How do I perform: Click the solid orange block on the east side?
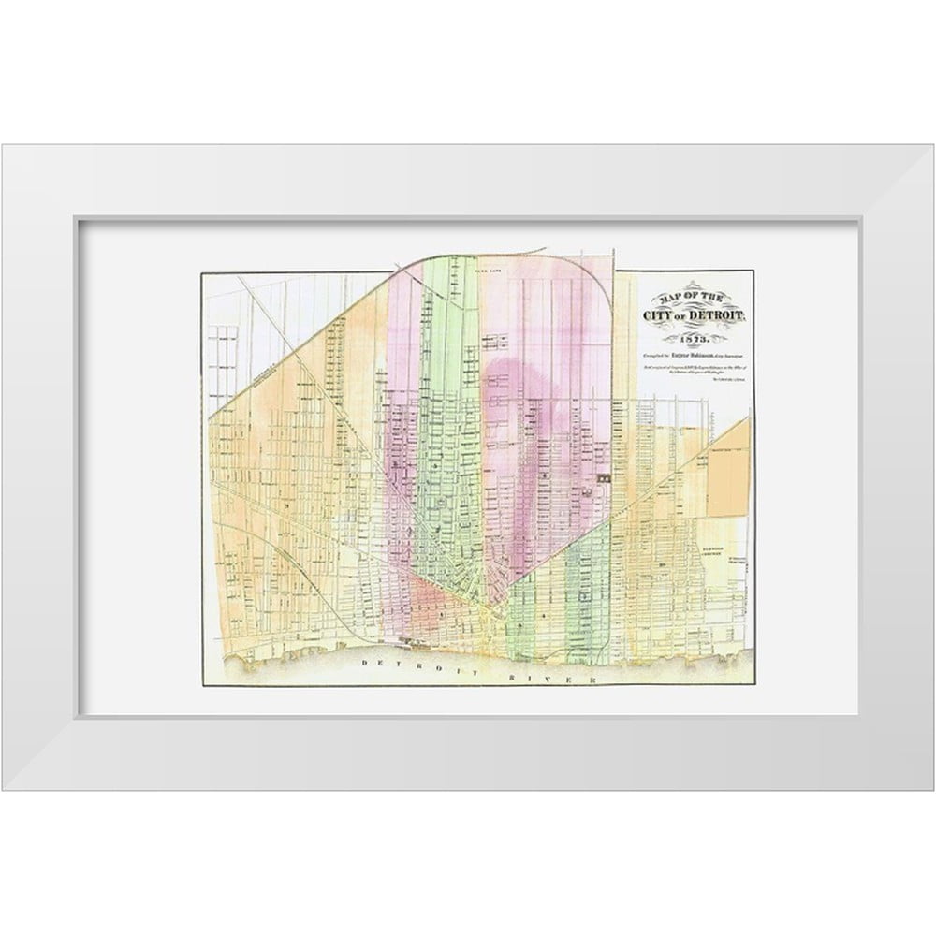[x=728, y=476]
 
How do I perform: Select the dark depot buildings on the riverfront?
[x=410, y=641]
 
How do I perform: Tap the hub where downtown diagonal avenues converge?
[x=489, y=613]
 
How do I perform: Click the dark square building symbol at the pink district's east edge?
[x=604, y=477]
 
